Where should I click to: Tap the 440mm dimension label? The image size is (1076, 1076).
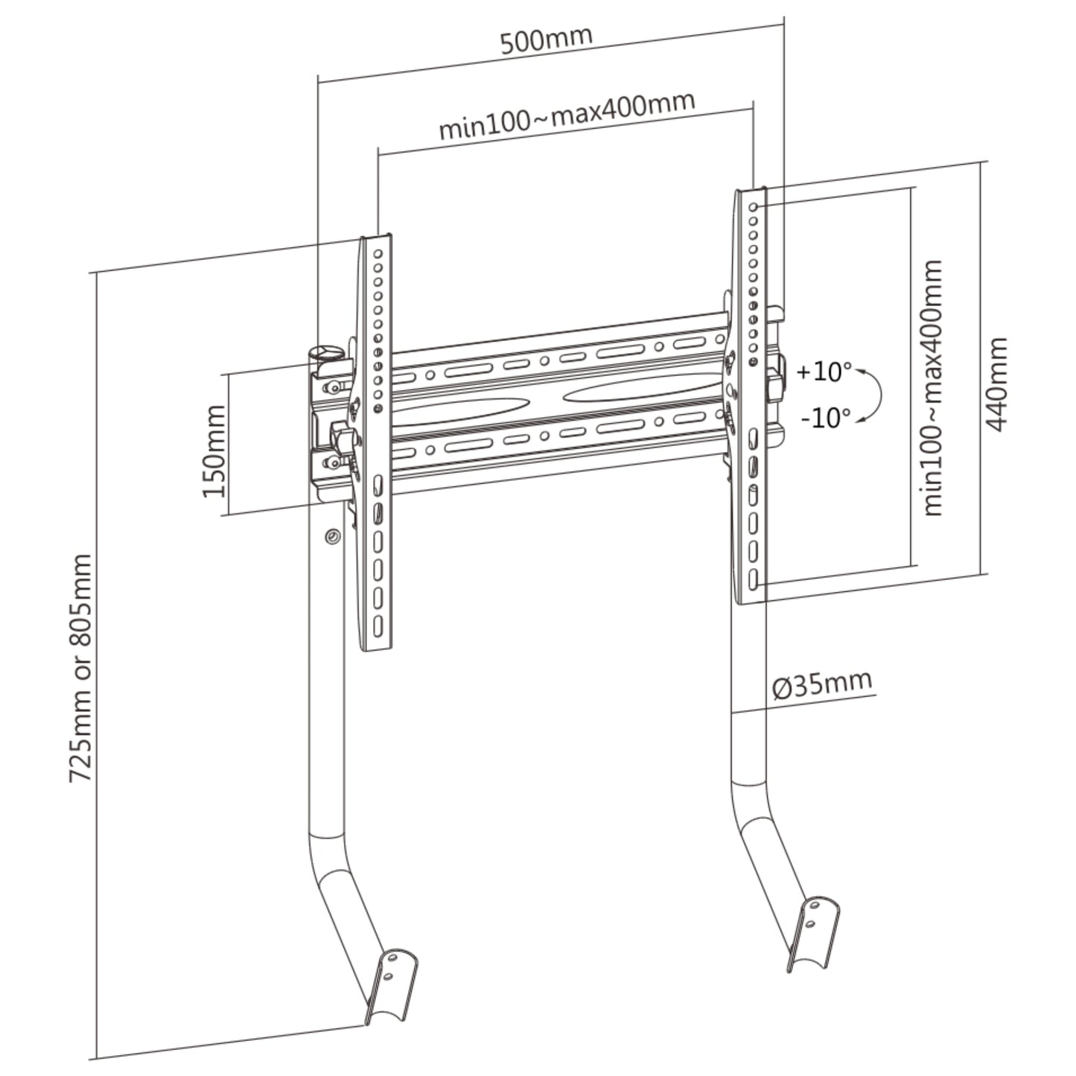click(996, 383)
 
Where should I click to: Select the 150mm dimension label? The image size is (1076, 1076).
click(213, 451)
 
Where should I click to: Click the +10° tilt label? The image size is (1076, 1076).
click(824, 371)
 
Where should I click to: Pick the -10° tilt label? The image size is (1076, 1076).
click(825, 418)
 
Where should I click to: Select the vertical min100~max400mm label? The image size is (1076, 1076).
click(932, 387)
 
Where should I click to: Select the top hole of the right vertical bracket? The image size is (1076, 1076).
click(754, 207)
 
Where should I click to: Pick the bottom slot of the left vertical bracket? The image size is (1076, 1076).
click(378, 624)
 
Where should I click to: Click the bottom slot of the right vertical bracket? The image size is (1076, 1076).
click(754, 579)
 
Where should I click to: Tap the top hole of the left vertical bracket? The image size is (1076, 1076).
click(378, 254)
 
